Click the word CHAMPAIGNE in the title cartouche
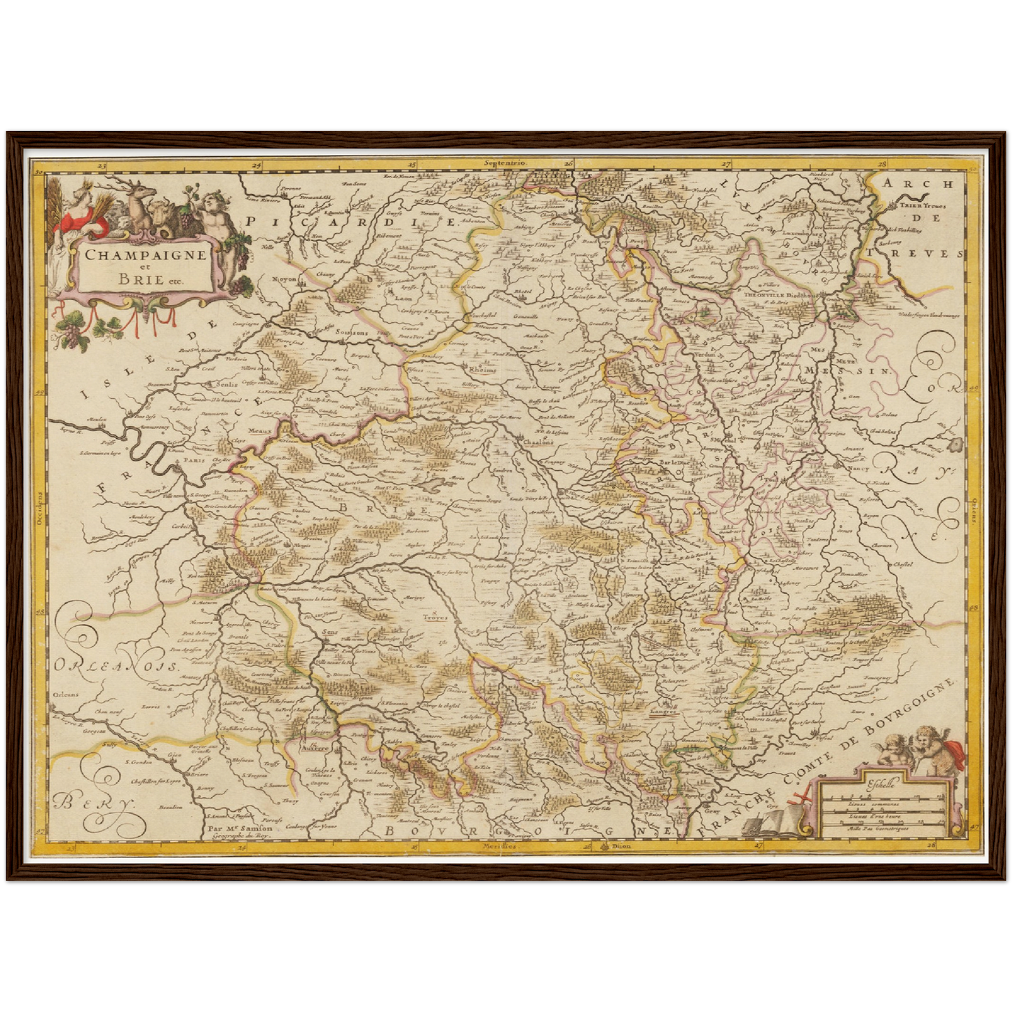click(145, 254)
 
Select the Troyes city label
click(434, 618)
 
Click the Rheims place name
click(482, 369)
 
